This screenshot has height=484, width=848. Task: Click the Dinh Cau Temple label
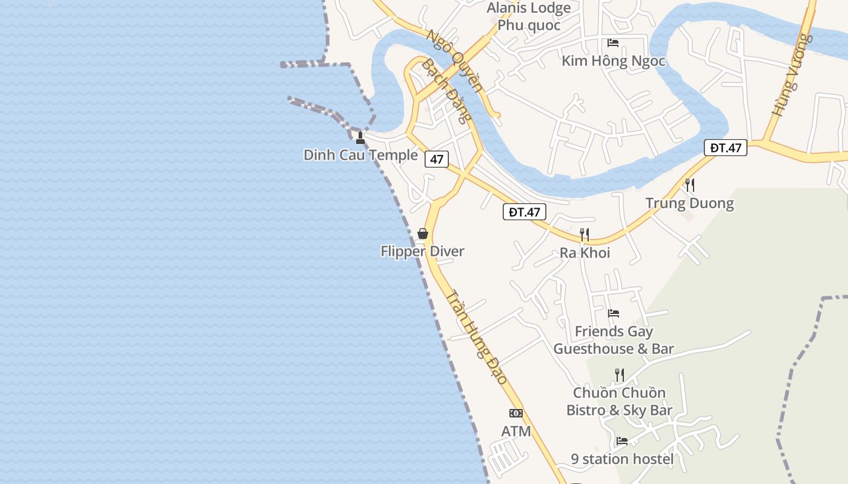(361, 155)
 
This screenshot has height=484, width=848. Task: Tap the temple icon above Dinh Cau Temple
(360, 138)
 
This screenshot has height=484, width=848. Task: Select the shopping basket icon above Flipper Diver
(423, 234)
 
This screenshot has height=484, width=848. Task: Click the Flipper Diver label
(422, 251)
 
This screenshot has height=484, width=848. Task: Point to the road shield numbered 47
(436, 160)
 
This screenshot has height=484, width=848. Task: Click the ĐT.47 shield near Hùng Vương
(726, 148)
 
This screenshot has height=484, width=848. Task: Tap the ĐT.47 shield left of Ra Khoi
(524, 212)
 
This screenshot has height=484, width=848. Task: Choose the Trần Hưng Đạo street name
(477, 336)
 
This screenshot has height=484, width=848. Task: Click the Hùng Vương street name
(791, 74)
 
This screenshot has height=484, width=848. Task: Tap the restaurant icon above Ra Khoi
(585, 234)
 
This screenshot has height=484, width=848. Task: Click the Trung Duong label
(689, 203)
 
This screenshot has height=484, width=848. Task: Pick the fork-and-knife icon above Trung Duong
(689, 185)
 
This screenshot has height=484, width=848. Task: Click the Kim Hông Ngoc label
(613, 60)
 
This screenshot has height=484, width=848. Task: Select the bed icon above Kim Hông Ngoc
(613, 43)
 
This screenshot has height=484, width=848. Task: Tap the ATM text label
(516, 431)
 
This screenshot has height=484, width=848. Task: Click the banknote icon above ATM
(516, 413)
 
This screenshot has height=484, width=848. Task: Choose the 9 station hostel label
(622, 459)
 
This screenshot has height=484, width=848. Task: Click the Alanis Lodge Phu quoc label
(529, 16)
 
